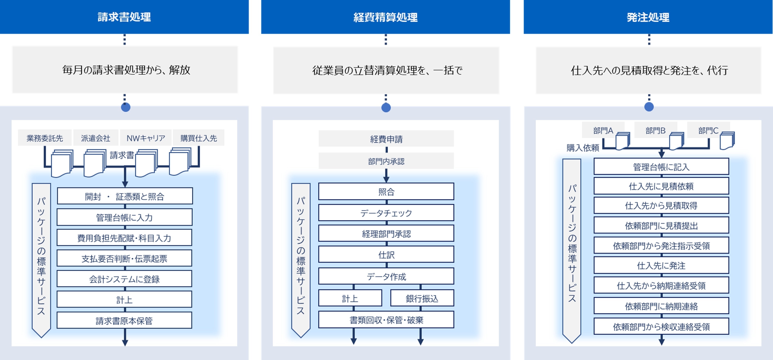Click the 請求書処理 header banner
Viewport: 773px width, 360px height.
(x=124, y=17)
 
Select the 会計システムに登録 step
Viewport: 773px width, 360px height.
(x=124, y=279)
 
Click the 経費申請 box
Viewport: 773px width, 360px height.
(x=386, y=139)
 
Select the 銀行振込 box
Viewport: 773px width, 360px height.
(x=422, y=298)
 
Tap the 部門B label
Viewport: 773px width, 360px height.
(x=655, y=130)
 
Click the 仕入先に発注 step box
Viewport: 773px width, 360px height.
(x=661, y=266)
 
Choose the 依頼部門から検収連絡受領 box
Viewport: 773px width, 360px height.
(x=661, y=326)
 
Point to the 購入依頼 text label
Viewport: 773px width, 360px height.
(x=582, y=148)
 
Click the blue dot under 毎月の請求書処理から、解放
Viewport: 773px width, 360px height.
(x=125, y=107)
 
